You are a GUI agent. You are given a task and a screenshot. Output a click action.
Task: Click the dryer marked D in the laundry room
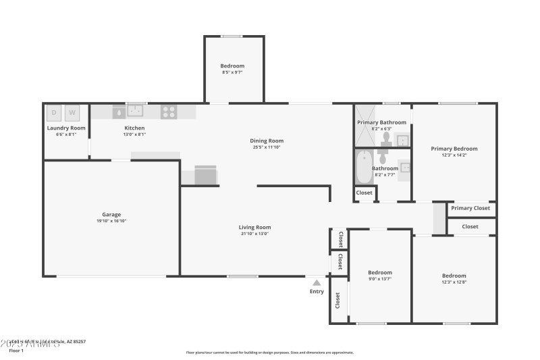click(x=54, y=112)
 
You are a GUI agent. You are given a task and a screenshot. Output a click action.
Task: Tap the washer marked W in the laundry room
click(x=72, y=112)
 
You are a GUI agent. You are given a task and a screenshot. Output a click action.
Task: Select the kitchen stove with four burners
click(x=168, y=112)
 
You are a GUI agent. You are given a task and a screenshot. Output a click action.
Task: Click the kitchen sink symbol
click(x=137, y=111)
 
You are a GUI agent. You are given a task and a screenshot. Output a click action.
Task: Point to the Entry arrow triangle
click(x=317, y=283)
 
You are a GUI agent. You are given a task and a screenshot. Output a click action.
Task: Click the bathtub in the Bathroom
click(x=364, y=167)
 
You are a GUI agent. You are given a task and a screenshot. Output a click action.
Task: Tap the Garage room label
click(x=111, y=215)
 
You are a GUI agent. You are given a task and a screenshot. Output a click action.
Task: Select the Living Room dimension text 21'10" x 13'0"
click(x=254, y=234)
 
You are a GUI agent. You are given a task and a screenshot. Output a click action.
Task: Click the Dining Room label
click(x=266, y=140)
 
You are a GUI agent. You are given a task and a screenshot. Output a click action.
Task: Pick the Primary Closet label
click(x=470, y=208)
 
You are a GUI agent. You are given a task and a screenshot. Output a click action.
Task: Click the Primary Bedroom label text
click(x=454, y=149)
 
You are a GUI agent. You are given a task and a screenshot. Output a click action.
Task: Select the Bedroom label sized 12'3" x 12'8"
click(x=454, y=276)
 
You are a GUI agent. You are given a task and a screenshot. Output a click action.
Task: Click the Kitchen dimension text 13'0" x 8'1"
click(x=134, y=134)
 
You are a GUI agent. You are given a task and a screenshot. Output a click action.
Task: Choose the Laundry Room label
click(x=66, y=128)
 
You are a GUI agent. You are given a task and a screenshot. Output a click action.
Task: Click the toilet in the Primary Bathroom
click(x=386, y=138)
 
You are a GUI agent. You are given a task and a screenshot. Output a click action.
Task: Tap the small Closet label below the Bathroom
click(x=364, y=192)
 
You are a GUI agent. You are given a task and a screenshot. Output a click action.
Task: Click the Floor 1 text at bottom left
click(x=16, y=351)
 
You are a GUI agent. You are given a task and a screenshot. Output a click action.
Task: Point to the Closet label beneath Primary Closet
click(x=470, y=227)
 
